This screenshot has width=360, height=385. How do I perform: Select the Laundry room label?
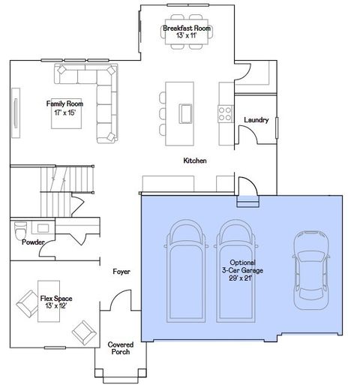click(256, 120)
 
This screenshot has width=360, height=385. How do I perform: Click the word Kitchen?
click(195, 161)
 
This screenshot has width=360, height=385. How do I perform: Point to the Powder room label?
click(32, 242)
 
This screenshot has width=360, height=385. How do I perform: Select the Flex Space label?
click(56, 302)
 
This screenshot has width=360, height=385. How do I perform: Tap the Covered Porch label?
click(121, 349)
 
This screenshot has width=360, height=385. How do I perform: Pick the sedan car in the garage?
click(310, 268)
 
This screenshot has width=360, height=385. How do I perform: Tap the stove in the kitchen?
click(224, 113)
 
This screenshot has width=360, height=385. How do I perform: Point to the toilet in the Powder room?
click(19, 230)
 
